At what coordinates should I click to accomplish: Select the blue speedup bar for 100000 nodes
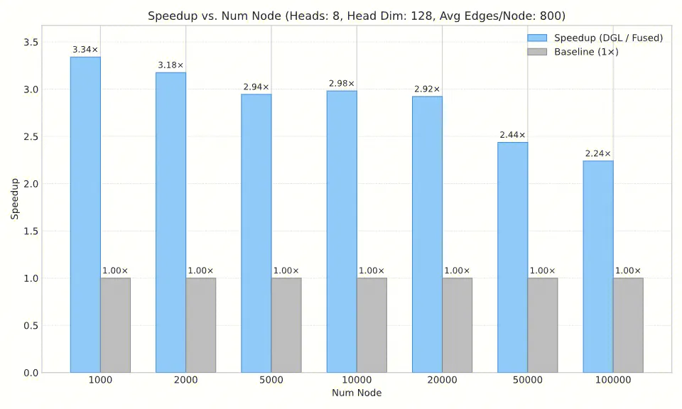click(x=598, y=266)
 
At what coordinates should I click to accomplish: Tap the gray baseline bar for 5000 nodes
click(x=286, y=325)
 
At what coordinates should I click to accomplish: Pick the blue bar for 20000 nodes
click(x=427, y=234)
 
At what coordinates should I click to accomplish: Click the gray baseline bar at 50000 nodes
click(x=543, y=325)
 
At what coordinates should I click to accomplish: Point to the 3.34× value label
click(x=85, y=50)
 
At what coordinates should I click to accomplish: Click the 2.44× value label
click(x=513, y=135)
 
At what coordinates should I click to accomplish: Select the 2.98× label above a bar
click(x=342, y=84)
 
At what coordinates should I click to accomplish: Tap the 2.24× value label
click(x=598, y=153)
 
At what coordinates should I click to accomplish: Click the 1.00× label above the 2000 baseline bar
click(x=200, y=271)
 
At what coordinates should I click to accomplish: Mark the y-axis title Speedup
click(x=14, y=198)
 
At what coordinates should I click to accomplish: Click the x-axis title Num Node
click(x=356, y=393)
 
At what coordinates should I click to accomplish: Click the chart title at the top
click(x=356, y=16)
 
